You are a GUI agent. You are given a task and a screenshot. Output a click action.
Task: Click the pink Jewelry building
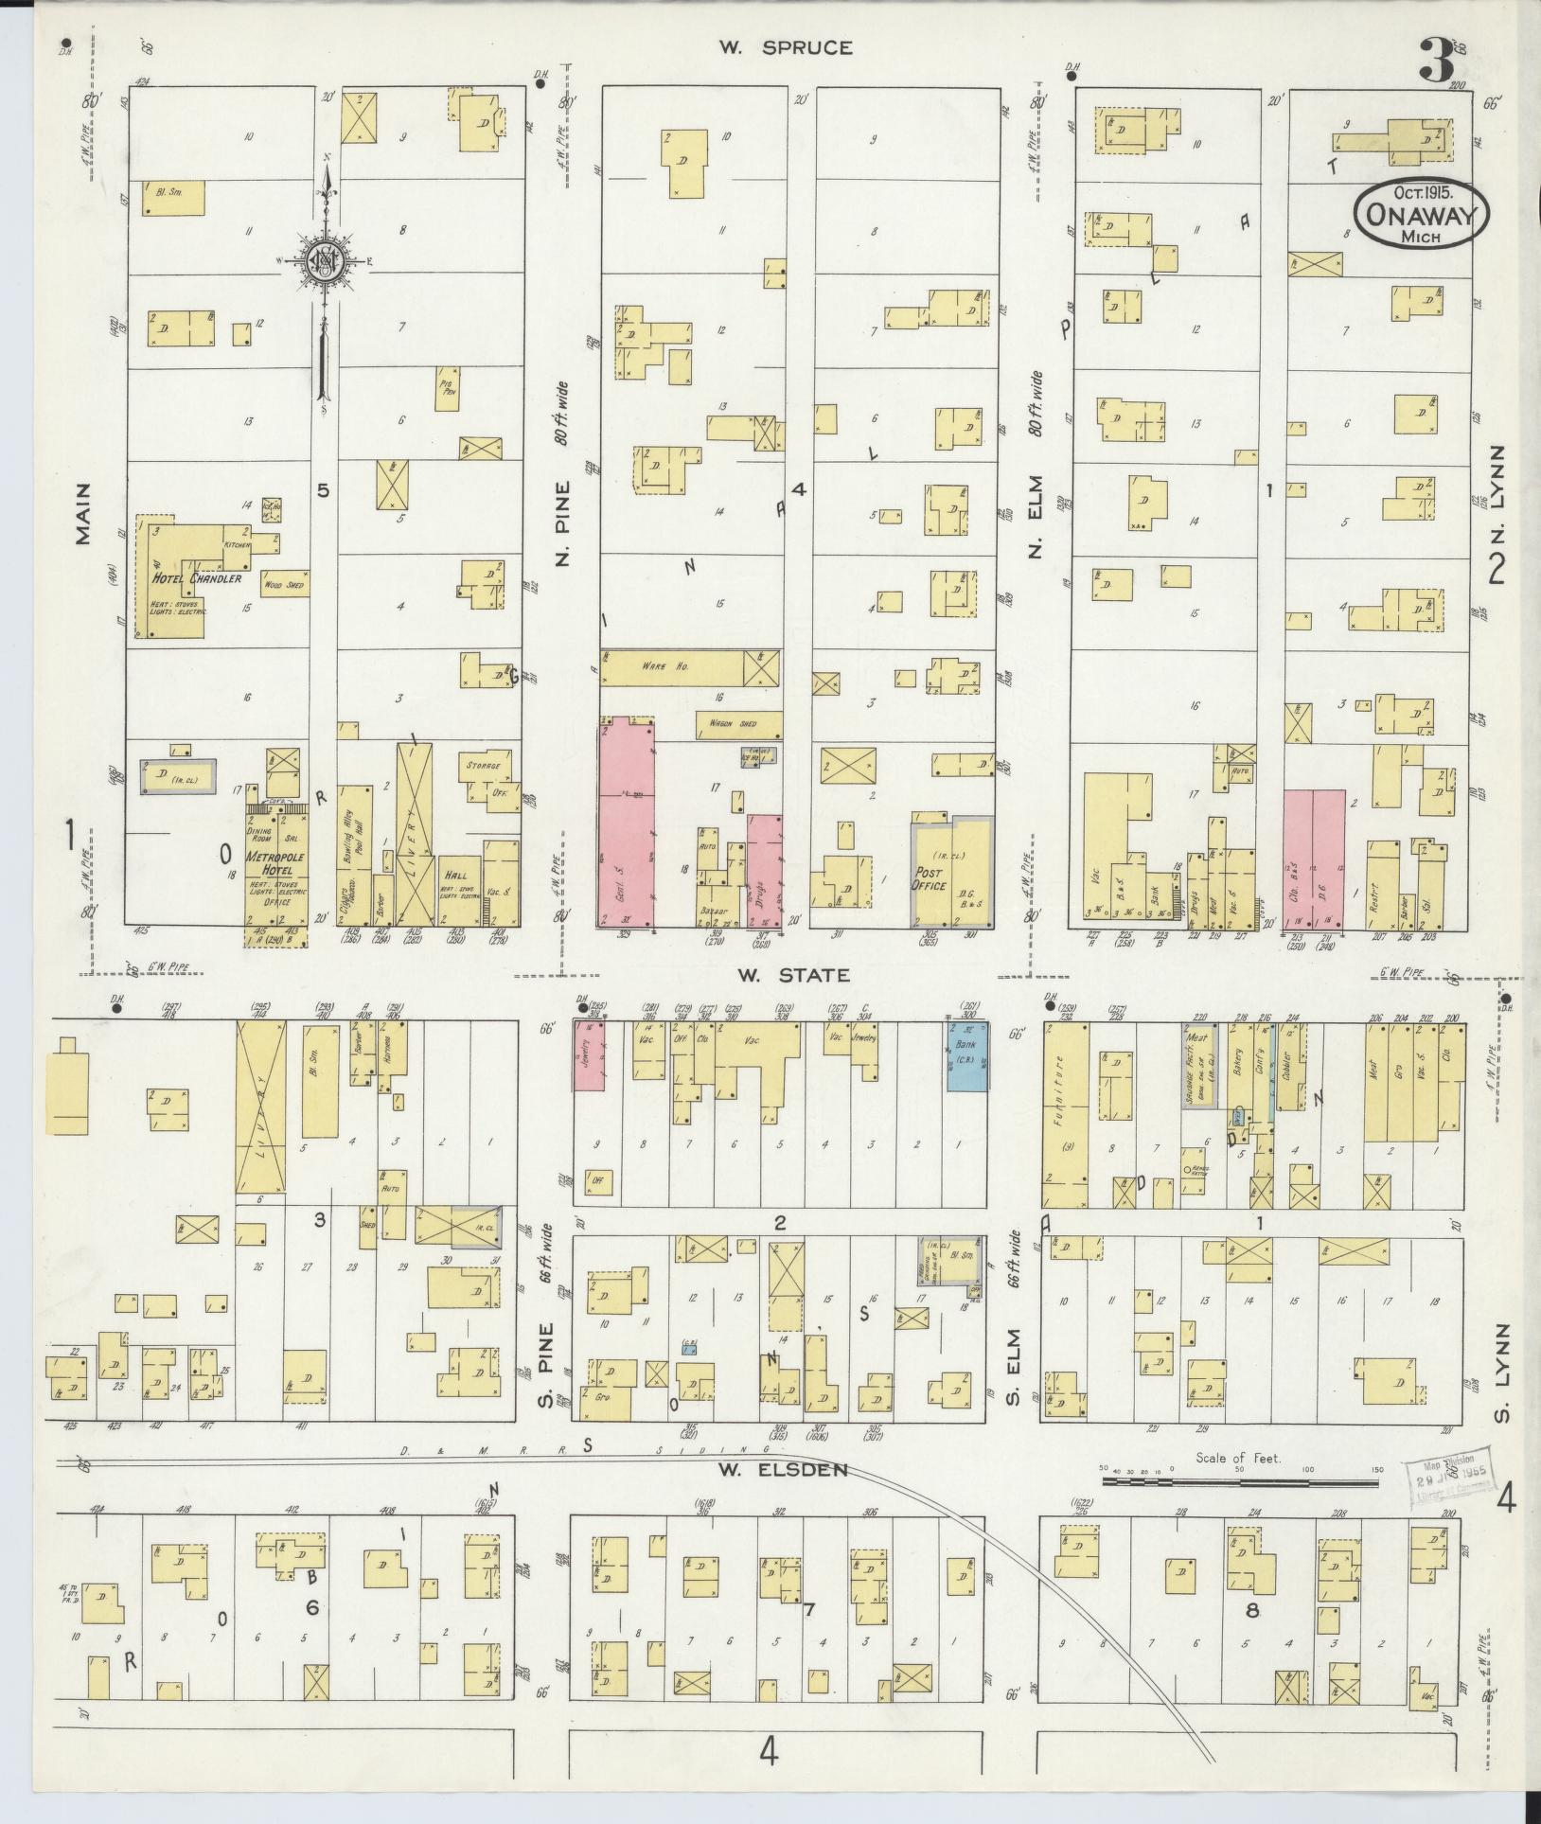[x=590, y=1055]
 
